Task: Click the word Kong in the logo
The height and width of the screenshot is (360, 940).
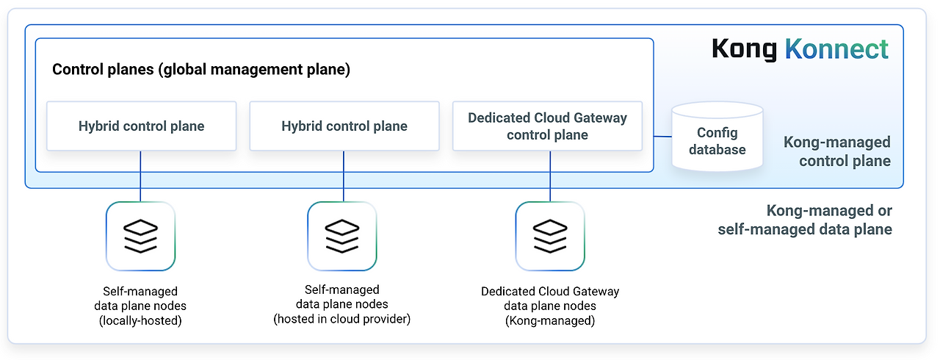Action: click(743, 49)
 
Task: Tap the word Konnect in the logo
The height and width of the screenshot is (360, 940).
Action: click(836, 49)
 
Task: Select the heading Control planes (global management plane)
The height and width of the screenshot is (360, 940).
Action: click(200, 71)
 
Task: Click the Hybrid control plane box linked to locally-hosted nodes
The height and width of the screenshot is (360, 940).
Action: click(141, 126)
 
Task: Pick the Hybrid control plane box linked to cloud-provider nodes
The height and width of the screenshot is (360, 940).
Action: click(344, 126)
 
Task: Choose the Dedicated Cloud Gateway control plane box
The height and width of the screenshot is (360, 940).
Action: click(547, 126)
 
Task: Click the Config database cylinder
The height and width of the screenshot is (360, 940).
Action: click(717, 140)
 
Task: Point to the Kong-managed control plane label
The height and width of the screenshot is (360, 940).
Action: click(836, 151)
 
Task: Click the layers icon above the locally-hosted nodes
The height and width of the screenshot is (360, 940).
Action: click(140, 236)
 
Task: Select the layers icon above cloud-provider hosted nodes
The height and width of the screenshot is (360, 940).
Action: click(341, 236)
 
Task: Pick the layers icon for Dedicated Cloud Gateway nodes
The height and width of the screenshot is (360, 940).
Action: click(550, 236)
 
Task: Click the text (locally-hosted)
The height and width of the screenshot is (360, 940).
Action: click(140, 320)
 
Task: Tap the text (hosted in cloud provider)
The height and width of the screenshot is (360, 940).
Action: click(342, 319)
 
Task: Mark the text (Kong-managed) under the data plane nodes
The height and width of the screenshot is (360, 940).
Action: click(550, 320)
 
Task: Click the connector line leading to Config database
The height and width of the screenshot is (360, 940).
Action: click(662, 137)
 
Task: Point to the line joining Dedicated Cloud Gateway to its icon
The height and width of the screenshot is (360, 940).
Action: click(550, 176)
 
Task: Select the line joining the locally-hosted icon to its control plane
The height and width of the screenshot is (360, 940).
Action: click(140, 176)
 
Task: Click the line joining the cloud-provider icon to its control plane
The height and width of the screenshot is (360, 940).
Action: click(343, 176)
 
